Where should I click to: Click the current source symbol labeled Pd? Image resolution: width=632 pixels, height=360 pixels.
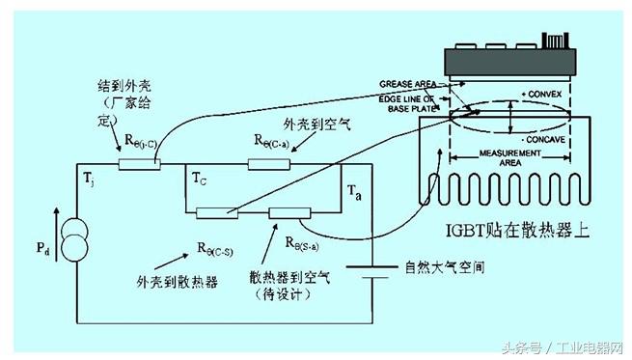(x=76, y=241)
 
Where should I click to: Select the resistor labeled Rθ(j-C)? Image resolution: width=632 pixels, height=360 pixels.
(x=137, y=164)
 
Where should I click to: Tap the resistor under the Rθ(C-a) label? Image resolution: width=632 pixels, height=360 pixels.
(x=269, y=164)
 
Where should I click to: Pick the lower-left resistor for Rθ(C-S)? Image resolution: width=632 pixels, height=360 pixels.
(x=217, y=212)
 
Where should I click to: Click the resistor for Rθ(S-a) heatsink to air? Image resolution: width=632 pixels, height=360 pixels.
(x=289, y=212)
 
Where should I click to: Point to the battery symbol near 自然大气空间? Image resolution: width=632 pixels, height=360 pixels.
(x=367, y=277)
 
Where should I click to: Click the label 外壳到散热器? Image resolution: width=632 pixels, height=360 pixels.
(x=174, y=282)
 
